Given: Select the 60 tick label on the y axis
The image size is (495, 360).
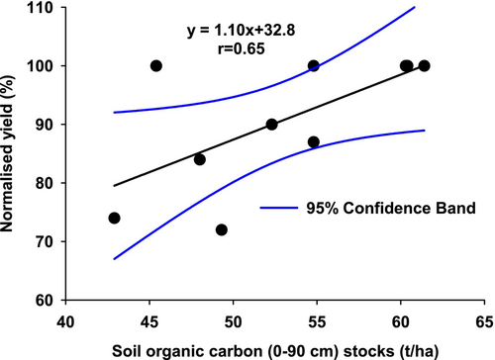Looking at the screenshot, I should (46, 300).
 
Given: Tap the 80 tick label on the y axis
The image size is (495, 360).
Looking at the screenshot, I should (46, 183).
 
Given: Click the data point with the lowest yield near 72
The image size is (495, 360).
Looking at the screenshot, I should (221, 229).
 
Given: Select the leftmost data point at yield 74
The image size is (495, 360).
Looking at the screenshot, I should (114, 218).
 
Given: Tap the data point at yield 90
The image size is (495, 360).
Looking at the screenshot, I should (271, 125).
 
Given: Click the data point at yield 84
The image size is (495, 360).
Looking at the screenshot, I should (199, 159).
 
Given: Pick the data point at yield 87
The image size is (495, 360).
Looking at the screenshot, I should (314, 141).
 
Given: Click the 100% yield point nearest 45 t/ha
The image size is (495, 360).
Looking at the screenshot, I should (155, 65).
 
